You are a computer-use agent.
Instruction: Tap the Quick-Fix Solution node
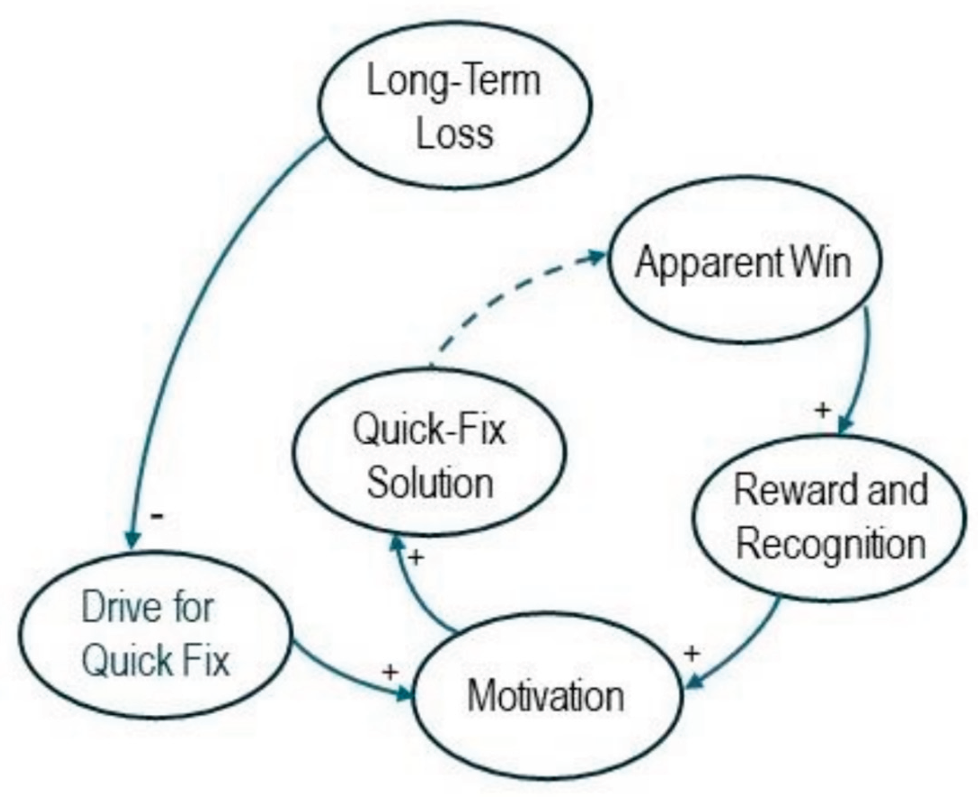(x=430, y=453)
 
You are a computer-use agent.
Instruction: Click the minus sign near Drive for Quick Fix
(x=157, y=516)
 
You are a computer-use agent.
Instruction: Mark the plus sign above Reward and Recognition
(x=822, y=409)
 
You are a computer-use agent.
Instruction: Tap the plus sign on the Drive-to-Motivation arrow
(x=390, y=672)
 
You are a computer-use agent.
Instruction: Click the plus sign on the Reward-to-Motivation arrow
(x=692, y=653)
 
